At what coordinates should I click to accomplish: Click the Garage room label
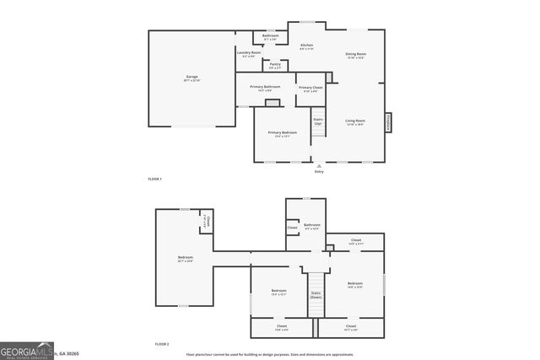(192, 78)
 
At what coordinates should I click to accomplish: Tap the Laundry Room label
(248, 54)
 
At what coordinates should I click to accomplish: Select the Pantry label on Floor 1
(275, 65)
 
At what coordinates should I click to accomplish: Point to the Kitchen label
(306, 46)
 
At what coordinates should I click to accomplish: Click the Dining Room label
(355, 56)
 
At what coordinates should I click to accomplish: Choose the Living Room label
(355, 122)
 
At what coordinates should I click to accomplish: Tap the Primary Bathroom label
(265, 88)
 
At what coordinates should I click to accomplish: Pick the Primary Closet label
(310, 89)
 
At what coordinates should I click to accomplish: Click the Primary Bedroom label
(281, 134)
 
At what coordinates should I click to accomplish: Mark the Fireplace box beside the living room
(389, 123)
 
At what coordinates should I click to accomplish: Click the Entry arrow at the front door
(318, 167)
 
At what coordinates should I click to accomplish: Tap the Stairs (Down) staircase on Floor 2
(316, 294)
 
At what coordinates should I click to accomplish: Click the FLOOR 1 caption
(154, 180)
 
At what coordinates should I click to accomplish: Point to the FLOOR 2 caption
(162, 345)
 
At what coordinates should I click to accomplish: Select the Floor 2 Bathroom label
(312, 226)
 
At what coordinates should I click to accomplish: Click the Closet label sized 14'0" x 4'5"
(281, 327)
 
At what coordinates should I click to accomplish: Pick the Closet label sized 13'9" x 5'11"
(356, 241)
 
